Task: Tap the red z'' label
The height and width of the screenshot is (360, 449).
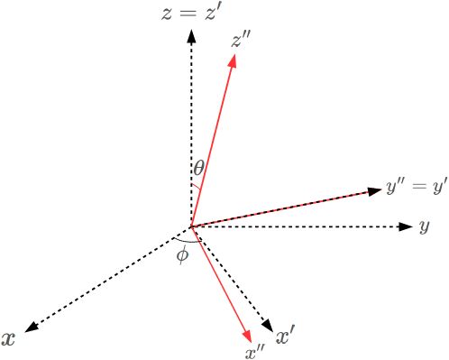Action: tap(242, 41)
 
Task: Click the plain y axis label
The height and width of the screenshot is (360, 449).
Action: tap(423, 226)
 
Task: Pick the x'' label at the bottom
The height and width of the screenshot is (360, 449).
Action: tap(255, 351)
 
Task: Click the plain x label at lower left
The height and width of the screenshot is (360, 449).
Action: tap(9, 338)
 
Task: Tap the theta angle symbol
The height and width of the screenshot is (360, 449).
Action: tap(198, 167)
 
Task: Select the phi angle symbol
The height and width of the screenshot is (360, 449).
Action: tap(182, 255)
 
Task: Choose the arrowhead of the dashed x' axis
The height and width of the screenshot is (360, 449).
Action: tap(267, 326)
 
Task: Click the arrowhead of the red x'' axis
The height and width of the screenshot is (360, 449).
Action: tap(246, 335)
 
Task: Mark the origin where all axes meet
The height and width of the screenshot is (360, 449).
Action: tap(190, 226)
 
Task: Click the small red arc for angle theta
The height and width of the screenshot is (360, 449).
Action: tap(194, 188)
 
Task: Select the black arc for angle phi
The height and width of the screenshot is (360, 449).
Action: tap(187, 242)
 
